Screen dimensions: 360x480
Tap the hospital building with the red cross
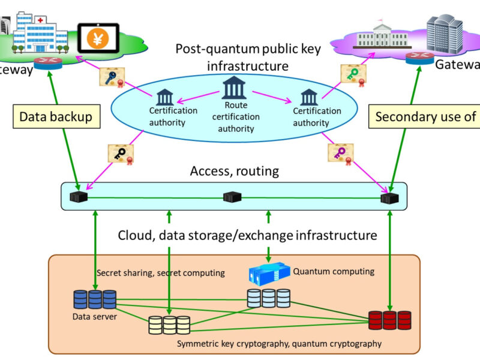click(x=36, y=31)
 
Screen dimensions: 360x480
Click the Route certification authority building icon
click(x=234, y=88)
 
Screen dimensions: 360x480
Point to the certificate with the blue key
click(x=112, y=76)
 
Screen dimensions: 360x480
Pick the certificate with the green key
click(x=353, y=74)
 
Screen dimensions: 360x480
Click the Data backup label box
click(x=56, y=116)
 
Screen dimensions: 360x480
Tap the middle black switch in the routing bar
click(x=232, y=197)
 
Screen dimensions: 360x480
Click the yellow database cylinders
click(x=170, y=325)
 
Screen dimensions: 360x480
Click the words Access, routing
click(x=235, y=171)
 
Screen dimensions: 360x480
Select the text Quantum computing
click(x=333, y=271)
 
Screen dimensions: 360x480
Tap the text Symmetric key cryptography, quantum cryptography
click(x=279, y=344)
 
